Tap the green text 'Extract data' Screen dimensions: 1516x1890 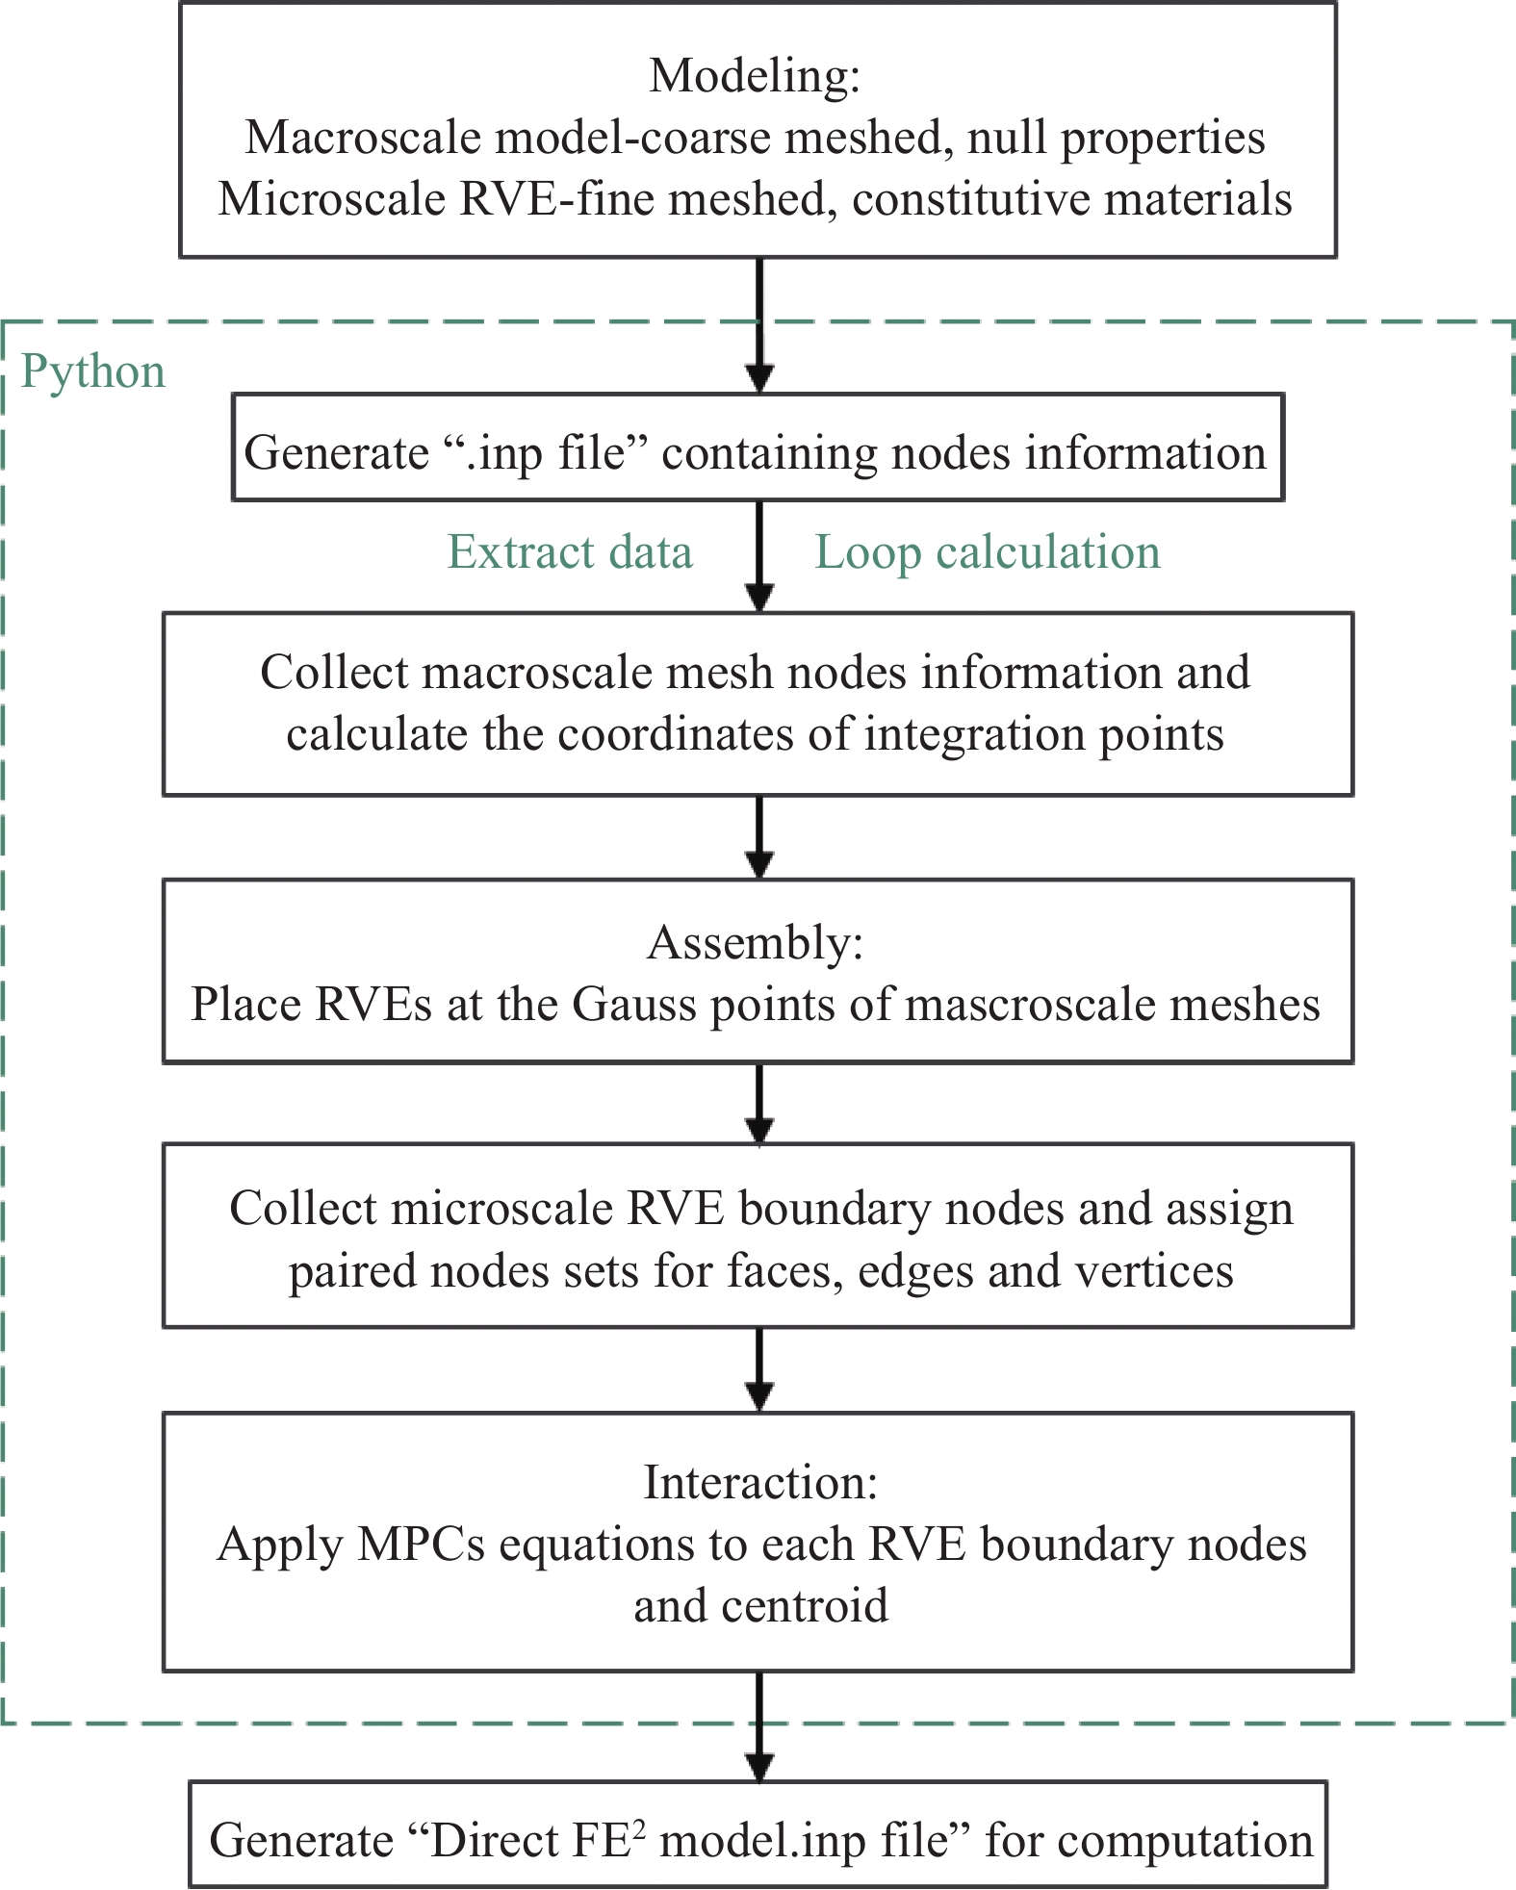coord(570,552)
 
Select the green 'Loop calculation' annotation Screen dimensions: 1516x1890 coord(988,553)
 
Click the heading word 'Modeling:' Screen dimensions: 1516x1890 coord(755,76)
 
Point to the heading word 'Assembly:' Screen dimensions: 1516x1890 coord(756,943)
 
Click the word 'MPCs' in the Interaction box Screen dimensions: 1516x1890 coord(420,1545)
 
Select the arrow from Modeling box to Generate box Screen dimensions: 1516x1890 coord(760,325)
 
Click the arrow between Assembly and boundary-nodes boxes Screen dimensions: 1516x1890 coord(760,1104)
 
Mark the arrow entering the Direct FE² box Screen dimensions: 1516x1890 coord(760,1726)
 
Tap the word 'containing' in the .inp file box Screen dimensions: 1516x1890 coord(769,453)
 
